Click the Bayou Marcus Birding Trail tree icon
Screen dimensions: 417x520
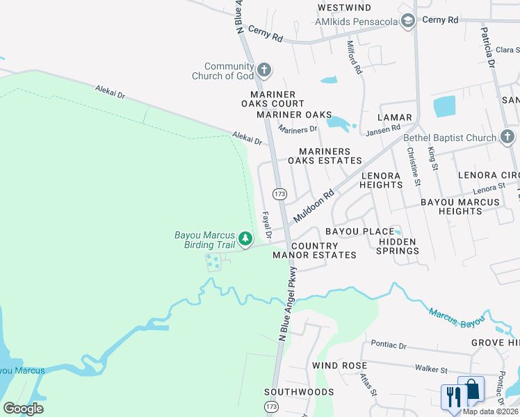(245, 240)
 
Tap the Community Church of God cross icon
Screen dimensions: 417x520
(263, 70)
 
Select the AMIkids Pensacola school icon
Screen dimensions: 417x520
(408, 22)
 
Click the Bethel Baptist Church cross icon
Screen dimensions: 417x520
(507, 138)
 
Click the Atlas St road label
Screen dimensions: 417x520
(368, 385)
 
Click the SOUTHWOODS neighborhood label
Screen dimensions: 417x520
(299, 392)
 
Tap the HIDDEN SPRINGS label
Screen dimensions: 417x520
(397, 246)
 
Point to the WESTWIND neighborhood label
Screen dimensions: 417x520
(343, 8)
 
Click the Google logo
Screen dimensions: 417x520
(23, 409)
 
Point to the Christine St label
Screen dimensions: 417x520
(414, 167)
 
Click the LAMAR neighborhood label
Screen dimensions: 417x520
(395, 117)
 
